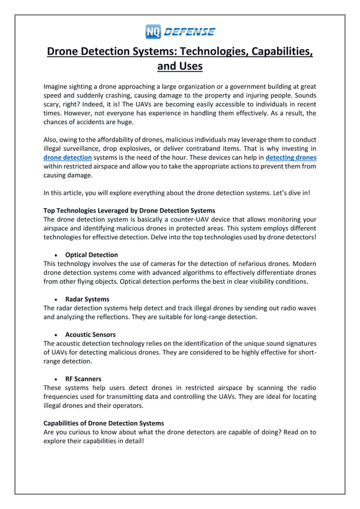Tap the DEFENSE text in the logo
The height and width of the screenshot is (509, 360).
189,32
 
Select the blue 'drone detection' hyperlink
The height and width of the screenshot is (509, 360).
67,157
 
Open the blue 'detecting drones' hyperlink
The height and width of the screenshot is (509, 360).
291,157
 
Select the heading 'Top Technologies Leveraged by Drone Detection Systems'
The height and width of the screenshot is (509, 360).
129,210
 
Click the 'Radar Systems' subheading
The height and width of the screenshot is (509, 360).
87,299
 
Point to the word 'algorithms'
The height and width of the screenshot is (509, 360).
212,273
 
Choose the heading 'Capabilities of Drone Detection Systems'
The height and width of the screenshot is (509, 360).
104,423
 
